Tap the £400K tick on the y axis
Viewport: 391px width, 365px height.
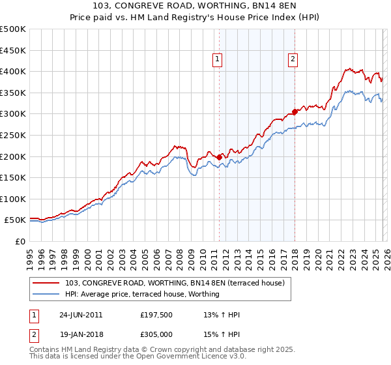pos(13,71)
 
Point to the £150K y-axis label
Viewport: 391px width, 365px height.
pos(13,177)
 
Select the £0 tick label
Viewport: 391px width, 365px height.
pos(20,241)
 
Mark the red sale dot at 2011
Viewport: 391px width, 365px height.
pos(219,157)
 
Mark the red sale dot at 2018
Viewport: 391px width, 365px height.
pos(295,111)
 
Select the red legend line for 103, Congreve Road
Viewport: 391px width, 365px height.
pos(46,284)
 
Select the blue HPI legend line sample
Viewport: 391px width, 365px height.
pos(46,294)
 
